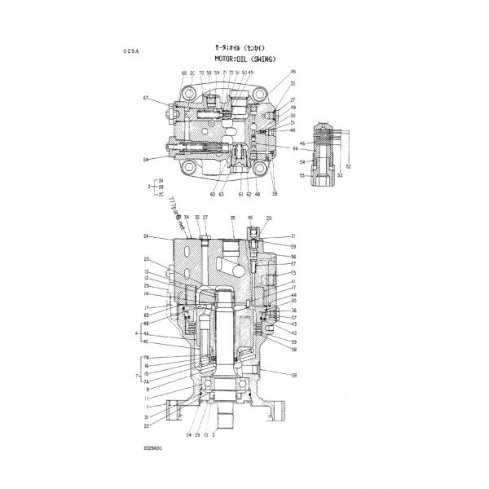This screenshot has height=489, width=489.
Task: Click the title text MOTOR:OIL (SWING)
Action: pos(249,59)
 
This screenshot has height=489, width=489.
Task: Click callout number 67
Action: pos(146,99)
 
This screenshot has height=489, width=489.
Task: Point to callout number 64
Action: pos(146,159)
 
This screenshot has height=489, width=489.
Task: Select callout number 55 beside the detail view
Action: pos(302,175)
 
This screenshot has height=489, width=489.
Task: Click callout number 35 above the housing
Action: pos(231,218)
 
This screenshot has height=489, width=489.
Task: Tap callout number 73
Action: pos(293,272)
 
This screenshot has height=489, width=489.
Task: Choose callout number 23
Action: pos(148,259)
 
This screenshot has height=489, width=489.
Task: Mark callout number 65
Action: pos(148,314)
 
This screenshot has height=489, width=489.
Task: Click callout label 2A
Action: pos(148,236)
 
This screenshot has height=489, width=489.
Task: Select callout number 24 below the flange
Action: pos(188,436)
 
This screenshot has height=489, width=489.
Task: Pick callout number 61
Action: pos(241,195)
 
